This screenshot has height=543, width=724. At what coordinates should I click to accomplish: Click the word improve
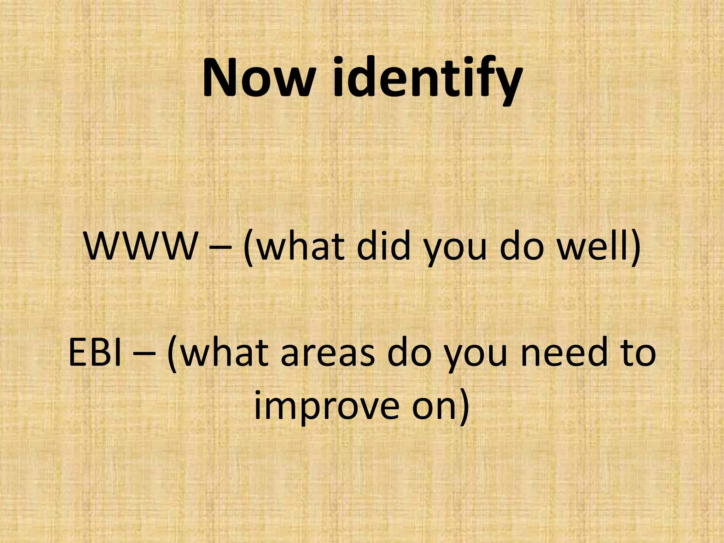click(325, 407)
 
